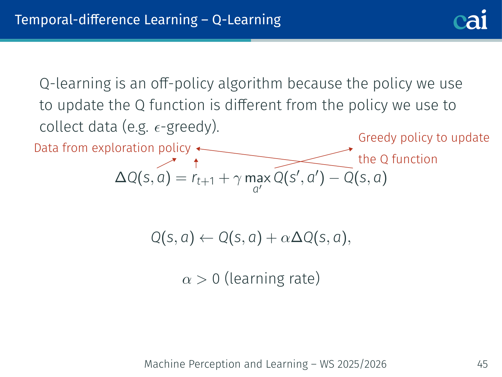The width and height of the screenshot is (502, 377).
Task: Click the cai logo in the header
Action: (x=470, y=20)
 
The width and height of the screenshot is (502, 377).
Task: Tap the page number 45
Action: (x=482, y=364)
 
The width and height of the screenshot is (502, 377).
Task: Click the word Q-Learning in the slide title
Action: (x=246, y=20)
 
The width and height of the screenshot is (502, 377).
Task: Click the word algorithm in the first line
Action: (x=250, y=83)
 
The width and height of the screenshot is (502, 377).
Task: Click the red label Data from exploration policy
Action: (x=112, y=148)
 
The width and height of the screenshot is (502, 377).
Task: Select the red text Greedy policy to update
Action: (x=424, y=138)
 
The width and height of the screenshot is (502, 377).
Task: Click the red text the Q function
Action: (x=398, y=159)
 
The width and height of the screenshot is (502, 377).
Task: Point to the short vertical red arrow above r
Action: (x=196, y=163)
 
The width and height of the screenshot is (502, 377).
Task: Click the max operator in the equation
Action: (x=258, y=178)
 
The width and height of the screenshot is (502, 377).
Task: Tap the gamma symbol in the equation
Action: (x=237, y=180)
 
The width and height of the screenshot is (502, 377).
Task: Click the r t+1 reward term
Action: (x=203, y=179)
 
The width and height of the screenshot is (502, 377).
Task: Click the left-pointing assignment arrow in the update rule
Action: (x=206, y=238)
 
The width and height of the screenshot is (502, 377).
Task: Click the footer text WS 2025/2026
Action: (x=353, y=364)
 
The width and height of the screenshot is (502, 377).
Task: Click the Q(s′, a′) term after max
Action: (x=299, y=178)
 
